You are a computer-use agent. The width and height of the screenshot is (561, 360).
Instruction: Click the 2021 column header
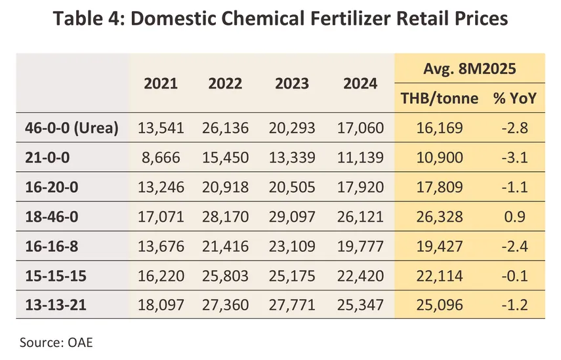pyautogui.click(x=161, y=83)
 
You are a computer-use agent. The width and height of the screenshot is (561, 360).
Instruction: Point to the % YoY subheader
pyautogui.click(x=515, y=98)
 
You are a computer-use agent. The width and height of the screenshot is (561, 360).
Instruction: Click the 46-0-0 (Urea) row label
pyautogui.click(x=68, y=128)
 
